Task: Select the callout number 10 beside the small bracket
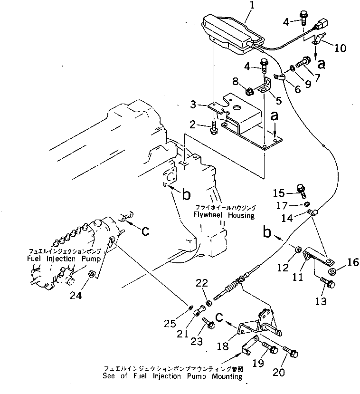(340, 48)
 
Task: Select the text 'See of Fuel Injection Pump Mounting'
(172, 376)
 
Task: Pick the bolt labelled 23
(209, 325)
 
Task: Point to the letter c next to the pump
(146, 231)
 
